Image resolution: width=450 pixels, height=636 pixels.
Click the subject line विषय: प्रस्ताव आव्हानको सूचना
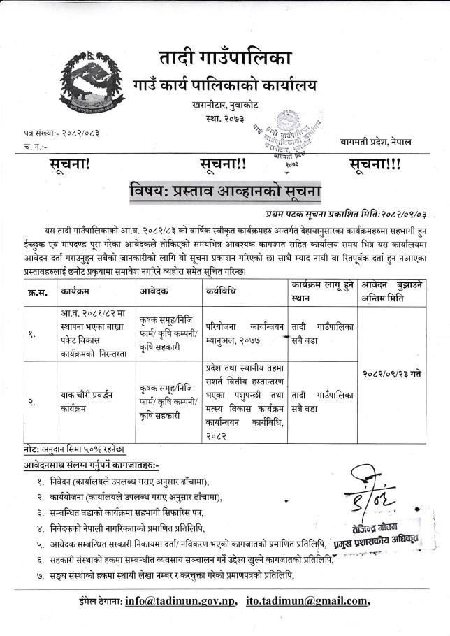tap(225, 189)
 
